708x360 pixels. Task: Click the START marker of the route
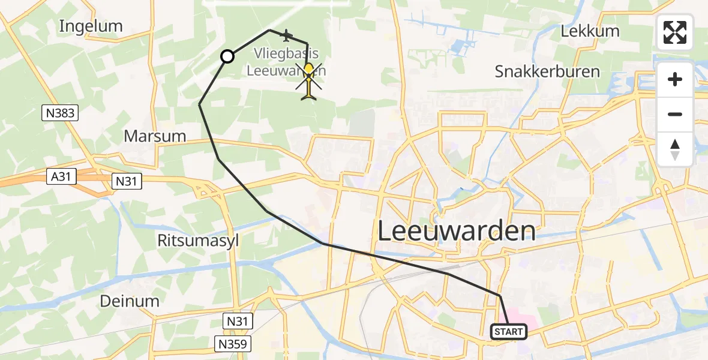point(509,331)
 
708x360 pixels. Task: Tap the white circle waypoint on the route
point(227,56)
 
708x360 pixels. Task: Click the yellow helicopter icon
point(308,80)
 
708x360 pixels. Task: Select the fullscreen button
point(675,32)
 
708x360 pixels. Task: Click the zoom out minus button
point(675,114)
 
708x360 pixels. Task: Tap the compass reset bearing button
point(675,149)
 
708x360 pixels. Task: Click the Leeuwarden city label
point(457,231)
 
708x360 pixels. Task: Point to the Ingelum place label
point(91,26)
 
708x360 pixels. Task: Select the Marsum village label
point(155,136)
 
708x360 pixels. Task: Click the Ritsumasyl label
point(198,241)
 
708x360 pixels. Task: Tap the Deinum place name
point(130,301)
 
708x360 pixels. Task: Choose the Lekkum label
point(590,31)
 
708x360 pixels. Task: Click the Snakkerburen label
point(547,71)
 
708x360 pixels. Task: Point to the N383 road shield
point(60,112)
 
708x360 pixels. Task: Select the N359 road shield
point(233,343)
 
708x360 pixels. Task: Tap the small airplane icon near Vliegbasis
point(286,36)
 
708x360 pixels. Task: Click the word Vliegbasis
point(286,53)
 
